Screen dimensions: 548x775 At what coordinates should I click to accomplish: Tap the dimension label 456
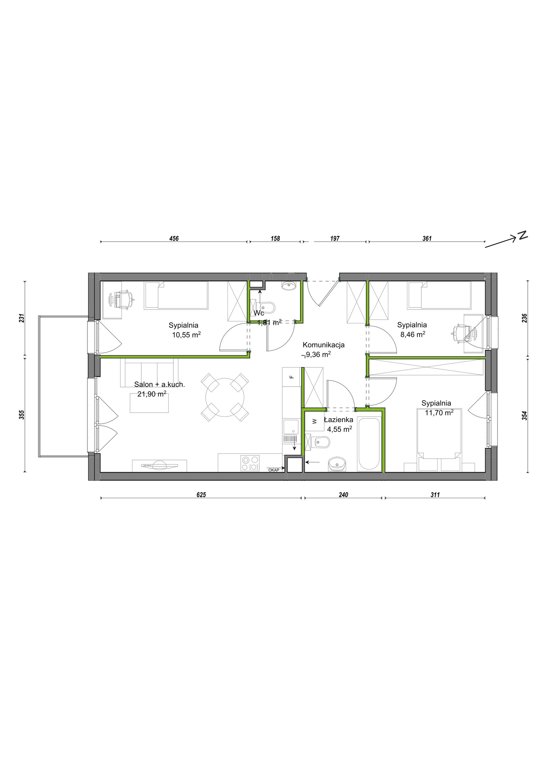174,239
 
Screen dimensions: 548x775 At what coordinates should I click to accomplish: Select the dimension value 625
201,495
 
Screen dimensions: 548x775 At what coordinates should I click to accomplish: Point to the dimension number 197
335,239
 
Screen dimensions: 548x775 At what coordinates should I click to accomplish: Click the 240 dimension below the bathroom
343,495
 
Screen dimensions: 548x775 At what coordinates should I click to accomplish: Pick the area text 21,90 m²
152,394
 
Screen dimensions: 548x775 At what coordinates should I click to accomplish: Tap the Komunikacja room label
324,345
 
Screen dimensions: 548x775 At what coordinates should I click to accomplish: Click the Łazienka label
338,420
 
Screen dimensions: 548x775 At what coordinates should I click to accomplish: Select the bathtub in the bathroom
369,444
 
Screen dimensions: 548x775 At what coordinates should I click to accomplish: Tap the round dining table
225,397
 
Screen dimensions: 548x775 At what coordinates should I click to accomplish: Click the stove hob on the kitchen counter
250,463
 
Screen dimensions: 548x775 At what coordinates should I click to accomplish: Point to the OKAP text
274,470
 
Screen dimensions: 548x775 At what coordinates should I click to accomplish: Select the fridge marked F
292,377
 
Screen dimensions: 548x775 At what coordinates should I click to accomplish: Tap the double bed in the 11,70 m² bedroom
439,440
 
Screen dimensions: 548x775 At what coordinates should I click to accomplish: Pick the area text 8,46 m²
412,335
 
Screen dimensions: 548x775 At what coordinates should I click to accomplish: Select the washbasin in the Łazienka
337,464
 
